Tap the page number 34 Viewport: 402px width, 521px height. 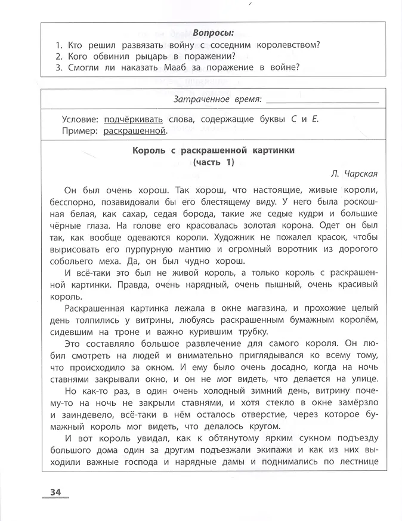pos(55,491)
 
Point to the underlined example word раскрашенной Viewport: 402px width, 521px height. pos(135,131)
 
